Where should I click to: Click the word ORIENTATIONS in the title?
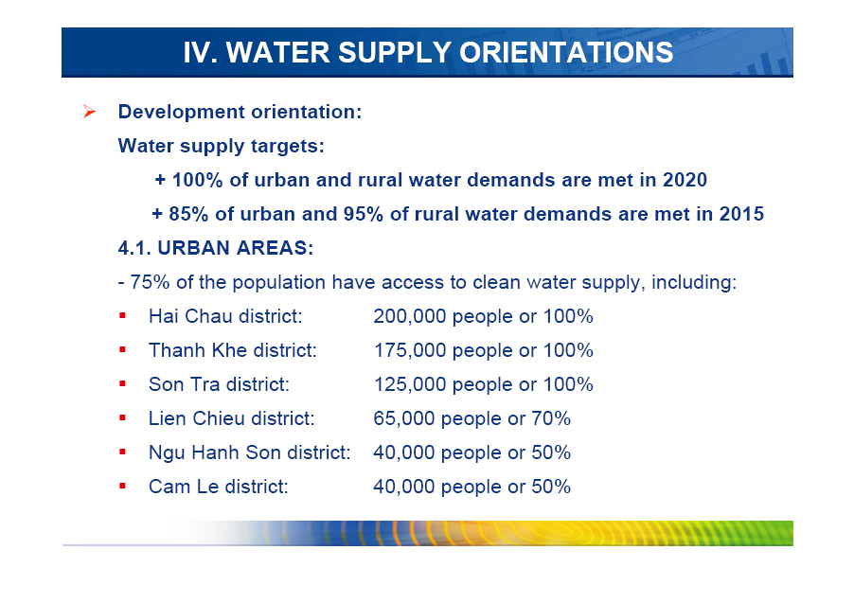coord(566,52)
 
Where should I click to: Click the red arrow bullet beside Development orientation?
coord(89,112)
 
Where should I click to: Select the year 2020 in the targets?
coord(685,180)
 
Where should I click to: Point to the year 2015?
coord(741,214)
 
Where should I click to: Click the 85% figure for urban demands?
coord(188,214)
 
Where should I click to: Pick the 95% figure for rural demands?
coord(364,214)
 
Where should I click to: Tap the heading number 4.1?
coord(134,248)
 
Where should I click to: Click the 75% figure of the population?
coord(150,282)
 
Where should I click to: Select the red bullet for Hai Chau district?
coord(122,315)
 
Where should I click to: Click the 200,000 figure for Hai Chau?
coord(410,316)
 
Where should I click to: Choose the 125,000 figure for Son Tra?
coord(410,384)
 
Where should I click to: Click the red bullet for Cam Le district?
coord(122,486)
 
